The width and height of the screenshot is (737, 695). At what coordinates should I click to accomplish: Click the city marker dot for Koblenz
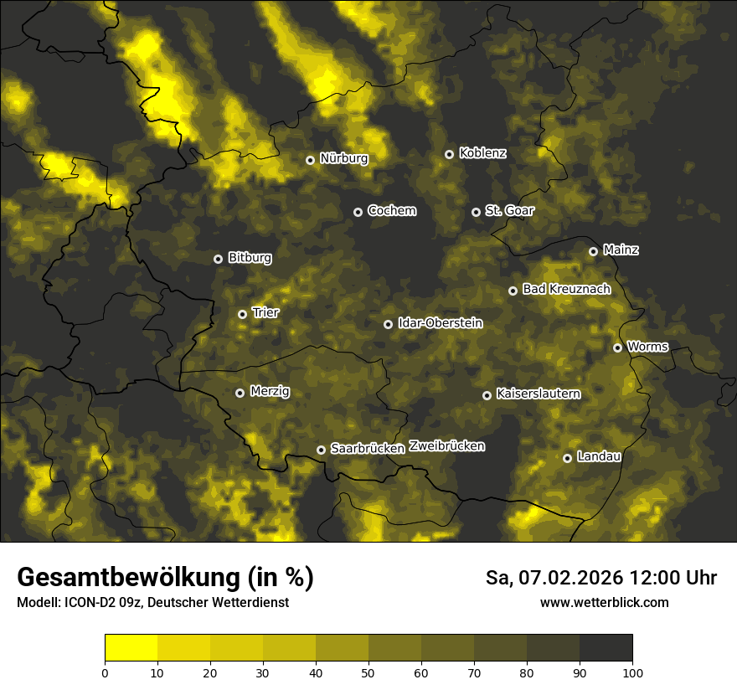point(449,154)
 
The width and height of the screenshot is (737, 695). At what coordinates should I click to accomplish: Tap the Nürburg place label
point(343,158)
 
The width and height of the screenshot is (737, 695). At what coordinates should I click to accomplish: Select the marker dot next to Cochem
point(358,212)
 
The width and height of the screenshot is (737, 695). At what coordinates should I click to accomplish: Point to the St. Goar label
point(509,211)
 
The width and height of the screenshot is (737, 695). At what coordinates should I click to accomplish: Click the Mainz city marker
point(593,251)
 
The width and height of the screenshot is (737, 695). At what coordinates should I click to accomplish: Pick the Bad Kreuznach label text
point(566,290)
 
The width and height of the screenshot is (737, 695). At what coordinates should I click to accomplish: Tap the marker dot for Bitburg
point(218,259)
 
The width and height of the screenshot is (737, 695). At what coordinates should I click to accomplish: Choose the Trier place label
point(265,313)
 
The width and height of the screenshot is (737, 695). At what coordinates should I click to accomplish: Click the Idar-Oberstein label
point(440,323)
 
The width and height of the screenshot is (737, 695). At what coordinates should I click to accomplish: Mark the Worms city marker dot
point(617,347)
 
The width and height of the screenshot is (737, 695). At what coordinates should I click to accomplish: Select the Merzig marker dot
point(240,393)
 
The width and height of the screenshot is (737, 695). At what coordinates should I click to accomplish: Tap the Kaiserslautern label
point(538,394)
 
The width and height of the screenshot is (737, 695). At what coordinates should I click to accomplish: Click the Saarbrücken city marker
point(321,450)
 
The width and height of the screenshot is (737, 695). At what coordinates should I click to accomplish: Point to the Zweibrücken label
point(447,446)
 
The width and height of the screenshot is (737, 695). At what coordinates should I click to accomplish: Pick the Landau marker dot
point(567,458)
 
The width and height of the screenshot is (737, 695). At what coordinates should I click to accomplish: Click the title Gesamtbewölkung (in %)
point(165,578)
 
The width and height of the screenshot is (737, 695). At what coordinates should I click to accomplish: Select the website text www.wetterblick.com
point(604,603)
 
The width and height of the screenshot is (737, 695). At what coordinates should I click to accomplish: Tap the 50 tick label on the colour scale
point(368,672)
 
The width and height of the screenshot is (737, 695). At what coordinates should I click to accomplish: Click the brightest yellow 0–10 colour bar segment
point(131,648)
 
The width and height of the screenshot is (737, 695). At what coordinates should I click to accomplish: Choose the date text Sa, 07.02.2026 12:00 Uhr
point(600,578)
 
